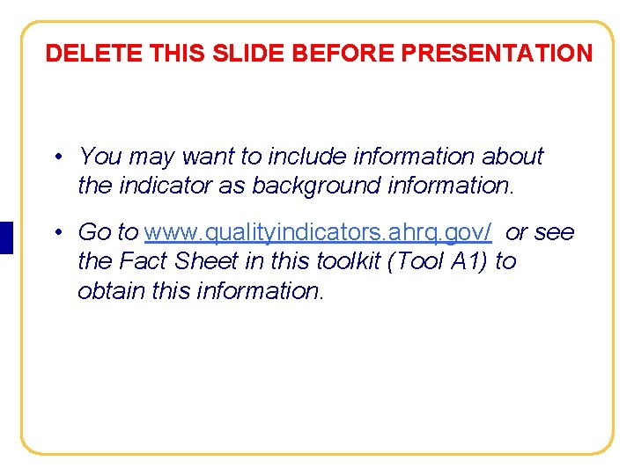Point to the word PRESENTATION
click(x=497, y=54)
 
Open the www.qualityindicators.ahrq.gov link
click(x=318, y=232)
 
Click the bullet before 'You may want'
click(x=55, y=157)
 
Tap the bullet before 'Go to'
click(x=55, y=233)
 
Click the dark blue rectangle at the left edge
click(x=6, y=237)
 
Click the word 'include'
click(x=306, y=157)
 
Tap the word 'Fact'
click(x=144, y=261)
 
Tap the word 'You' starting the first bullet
click(x=100, y=157)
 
